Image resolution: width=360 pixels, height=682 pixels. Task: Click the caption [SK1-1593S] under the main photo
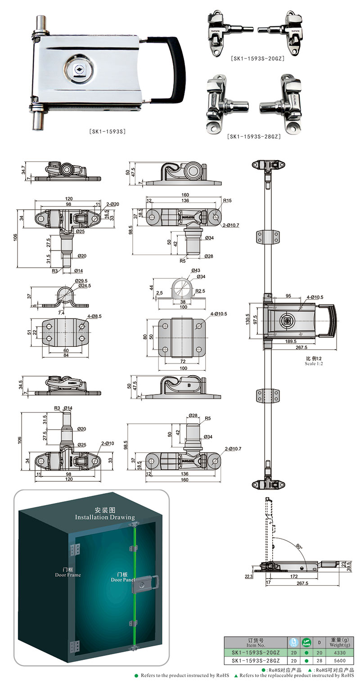coord(107,131)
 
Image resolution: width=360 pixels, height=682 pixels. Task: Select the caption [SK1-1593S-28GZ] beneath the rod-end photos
coord(254,136)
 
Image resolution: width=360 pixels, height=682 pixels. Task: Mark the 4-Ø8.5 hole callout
coord(96,316)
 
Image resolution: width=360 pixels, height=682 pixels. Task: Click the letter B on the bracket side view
coord(189,386)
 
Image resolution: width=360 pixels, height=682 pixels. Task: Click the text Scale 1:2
coord(314,363)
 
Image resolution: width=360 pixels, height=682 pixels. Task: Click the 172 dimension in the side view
coord(294,576)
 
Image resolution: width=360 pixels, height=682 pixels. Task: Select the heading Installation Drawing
coord(105,517)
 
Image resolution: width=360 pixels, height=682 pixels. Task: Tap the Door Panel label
coord(123,579)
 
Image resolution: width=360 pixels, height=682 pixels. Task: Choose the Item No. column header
coord(256,642)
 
